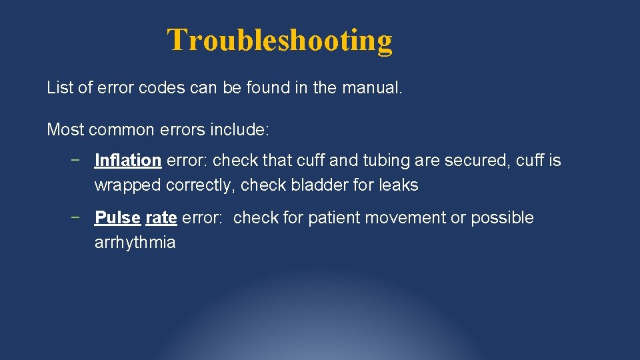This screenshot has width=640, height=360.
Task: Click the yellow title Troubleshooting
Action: [279, 40]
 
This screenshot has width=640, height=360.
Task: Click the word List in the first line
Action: [57, 87]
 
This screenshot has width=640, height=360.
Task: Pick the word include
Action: [240, 129]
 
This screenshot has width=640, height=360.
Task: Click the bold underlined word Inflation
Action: [128, 161]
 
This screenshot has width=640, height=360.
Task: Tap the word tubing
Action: [383, 161]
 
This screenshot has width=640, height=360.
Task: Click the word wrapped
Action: [127, 185]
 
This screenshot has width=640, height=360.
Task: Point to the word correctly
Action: [200, 185]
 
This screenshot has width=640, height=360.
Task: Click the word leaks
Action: [399, 185]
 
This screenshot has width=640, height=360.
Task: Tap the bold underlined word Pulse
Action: [117, 218]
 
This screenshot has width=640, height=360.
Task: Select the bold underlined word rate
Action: [161, 218]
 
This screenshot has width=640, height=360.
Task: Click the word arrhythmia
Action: [135, 243]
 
